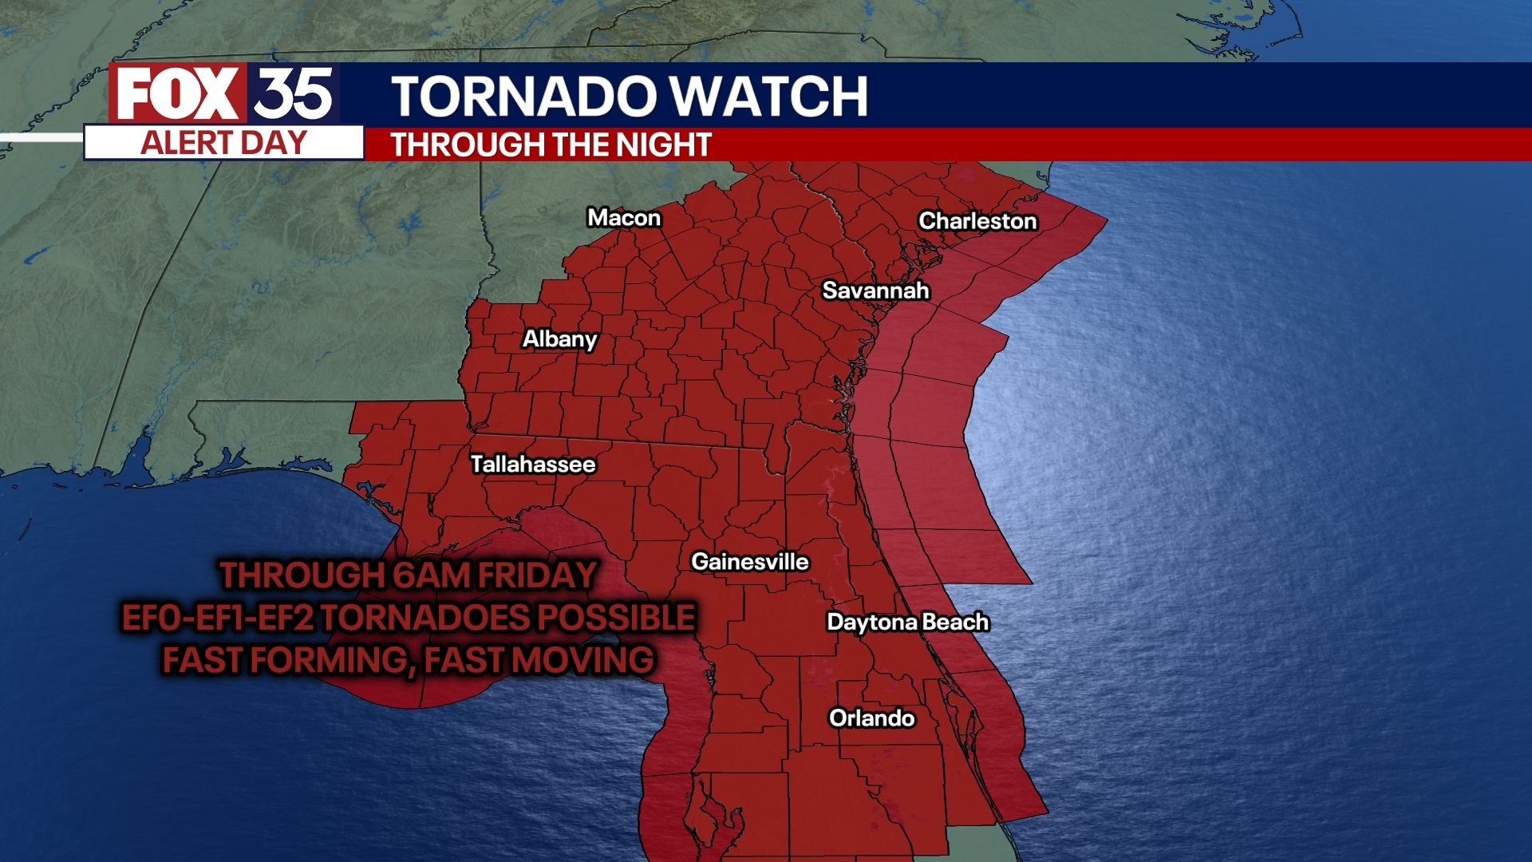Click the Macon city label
coord(624,218)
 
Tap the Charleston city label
coord(977,221)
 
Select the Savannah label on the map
coord(875,291)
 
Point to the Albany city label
coord(559,339)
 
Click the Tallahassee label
coord(533,465)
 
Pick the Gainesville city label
coord(749,562)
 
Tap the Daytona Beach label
coord(907,622)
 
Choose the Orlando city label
coord(871,718)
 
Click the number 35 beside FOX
coord(293,94)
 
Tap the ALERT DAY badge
coord(223,144)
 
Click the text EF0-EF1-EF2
coord(218,618)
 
